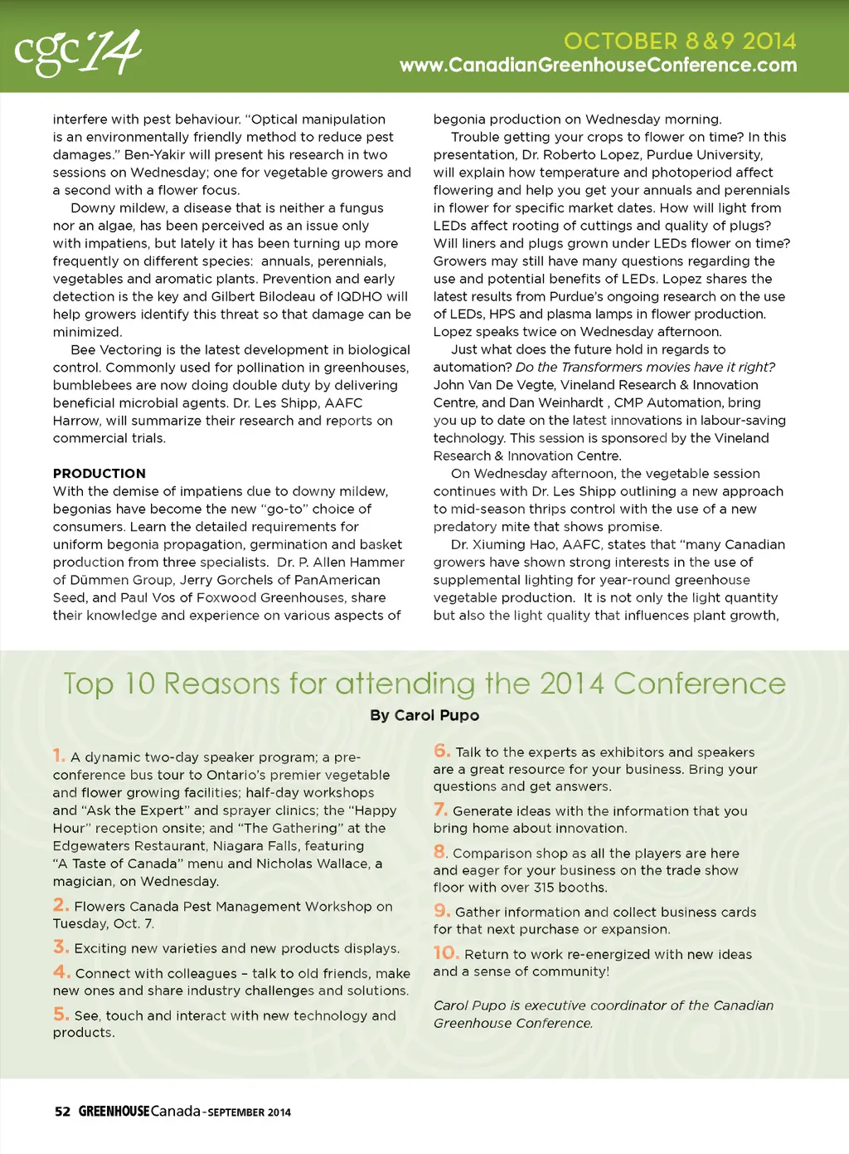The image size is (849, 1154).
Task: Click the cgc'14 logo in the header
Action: (x=78, y=52)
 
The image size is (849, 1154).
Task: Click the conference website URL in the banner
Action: (x=598, y=66)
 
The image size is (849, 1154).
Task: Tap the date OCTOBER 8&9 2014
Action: (x=680, y=41)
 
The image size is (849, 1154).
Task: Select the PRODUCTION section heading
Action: (x=99, y=474)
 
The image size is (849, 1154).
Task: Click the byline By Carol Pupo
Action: (x=424, y=715)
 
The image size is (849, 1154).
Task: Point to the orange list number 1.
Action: (x=59, y=755)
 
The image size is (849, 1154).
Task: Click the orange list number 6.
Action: (x=442, y=751)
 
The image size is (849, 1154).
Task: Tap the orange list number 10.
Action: (x=446, y=953)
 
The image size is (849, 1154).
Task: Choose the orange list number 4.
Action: (x=61, y=971)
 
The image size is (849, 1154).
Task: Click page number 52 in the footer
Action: (x=62, y=1112)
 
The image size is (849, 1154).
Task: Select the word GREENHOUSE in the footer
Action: (x=114, y=1112)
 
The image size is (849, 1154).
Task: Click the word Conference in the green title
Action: (x=699, y=684)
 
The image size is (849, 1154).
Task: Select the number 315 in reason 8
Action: (x=544, y=888)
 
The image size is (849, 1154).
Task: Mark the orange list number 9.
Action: (x=442, y=911)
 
